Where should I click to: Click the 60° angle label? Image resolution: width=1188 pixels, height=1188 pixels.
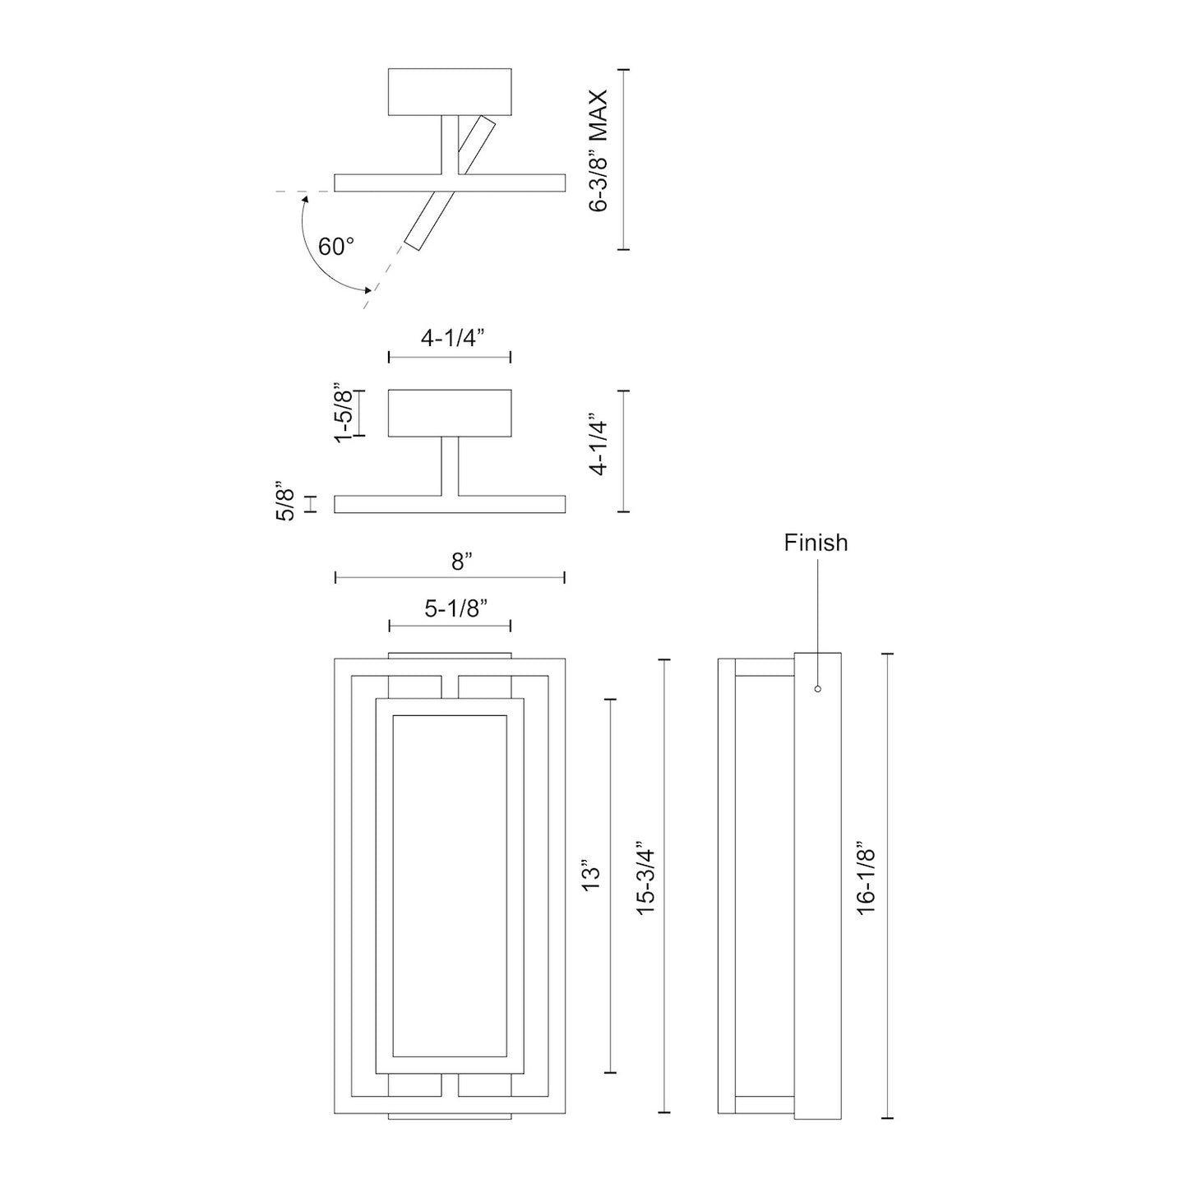[336, 247]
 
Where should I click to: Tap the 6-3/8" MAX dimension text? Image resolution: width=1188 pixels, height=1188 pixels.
[598, 151]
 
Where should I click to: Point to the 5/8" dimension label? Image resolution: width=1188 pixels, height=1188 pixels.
[284, 501]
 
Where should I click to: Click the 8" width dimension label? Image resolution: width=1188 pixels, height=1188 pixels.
[462, 562]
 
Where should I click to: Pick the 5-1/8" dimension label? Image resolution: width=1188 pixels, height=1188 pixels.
[456, 609]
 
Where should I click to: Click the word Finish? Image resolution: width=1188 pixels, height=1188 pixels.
[816, 543]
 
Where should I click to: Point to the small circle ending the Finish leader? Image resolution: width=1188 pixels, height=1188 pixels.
[817, 689]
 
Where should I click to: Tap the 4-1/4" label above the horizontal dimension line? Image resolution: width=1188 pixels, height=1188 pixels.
[452, 338]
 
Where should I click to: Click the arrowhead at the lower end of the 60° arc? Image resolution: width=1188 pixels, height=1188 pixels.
[370, 289]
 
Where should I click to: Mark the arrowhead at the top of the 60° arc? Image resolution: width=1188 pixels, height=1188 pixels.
[305, 198]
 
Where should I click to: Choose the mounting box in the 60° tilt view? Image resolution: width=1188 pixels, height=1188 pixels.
[450, 92]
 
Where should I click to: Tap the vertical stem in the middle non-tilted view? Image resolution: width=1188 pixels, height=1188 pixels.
[450, 466]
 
